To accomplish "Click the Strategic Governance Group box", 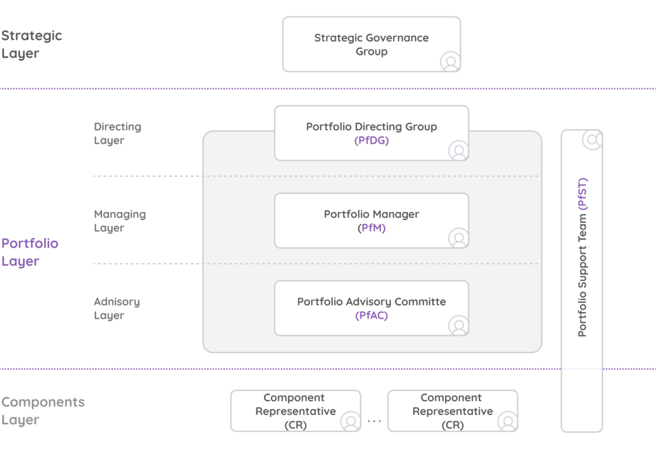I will pos(371,44).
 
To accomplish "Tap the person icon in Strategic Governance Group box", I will pos(450,61).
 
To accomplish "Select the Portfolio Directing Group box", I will pos(371,133).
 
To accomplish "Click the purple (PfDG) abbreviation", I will pos(371,141).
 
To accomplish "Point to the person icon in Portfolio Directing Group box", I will pos(459,150).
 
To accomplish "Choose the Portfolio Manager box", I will pos(371,221).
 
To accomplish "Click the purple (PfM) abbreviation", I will pos(371,228).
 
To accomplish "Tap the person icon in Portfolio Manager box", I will pos(459,238).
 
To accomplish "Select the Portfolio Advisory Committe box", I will pos(371,308).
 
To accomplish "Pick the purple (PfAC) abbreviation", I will pos(371,316).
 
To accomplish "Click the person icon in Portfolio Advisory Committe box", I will pos(459,326).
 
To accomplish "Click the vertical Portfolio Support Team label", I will pos(582,257).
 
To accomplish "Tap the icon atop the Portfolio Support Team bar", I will pos(591,140).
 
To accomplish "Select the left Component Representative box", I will pos(295,411).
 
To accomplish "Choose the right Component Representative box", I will pos(452,411).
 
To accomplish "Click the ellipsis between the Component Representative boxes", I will pos(374,421).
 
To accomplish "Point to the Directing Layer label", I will pos(117,134).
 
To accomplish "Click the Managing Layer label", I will pos(120,221).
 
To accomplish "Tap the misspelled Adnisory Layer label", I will pos(116,309).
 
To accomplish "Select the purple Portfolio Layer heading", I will pos(30,252).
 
